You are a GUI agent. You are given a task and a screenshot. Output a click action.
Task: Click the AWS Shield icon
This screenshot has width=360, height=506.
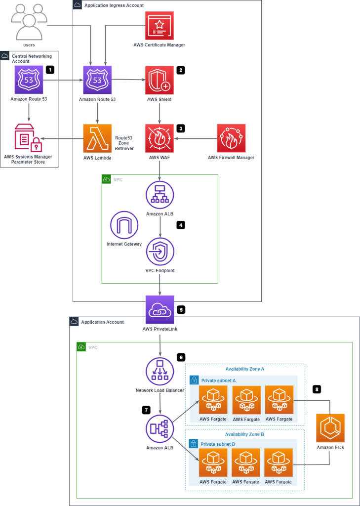160,80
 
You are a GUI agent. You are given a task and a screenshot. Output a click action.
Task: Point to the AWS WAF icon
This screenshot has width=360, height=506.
160,138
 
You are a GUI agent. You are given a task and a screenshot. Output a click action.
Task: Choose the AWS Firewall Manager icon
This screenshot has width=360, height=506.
231,138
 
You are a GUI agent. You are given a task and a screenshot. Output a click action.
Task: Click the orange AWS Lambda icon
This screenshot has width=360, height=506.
97,138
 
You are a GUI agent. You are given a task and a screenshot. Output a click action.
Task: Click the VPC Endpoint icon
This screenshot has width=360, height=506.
160,252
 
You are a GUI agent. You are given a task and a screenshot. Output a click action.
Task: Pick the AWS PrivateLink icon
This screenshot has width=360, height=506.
160,310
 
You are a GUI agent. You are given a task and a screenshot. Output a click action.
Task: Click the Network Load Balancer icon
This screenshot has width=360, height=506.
160,372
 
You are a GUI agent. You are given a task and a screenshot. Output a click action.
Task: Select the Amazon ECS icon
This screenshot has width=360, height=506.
330,428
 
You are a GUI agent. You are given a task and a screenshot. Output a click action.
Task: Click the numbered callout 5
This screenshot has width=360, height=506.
181,310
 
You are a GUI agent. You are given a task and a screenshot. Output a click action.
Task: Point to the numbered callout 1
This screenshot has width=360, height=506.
49,70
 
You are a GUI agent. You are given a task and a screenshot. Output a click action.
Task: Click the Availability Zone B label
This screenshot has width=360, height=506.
244,434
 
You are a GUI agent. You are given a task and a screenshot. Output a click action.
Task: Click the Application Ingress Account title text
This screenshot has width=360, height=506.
114,5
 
